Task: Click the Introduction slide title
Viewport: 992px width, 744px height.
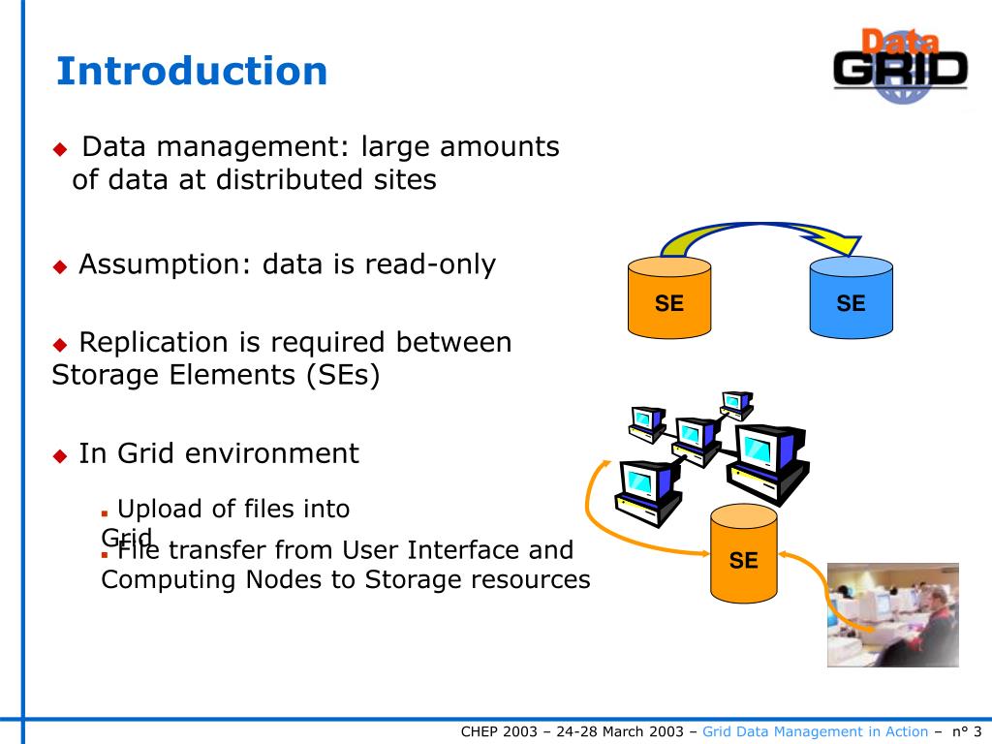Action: pyautogui.click(x=192, y=71)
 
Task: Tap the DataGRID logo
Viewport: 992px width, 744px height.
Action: pyautogui.click(x=900, y=67)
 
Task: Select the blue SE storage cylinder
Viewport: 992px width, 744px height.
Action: pyautogui.click(x=851, y=297)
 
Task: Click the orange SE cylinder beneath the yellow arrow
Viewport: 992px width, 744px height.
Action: pyautogui.click(x=668, y=297)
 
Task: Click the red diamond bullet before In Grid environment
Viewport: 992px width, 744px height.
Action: pyautogui.click(x=61, y=455)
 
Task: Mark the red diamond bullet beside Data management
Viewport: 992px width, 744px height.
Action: pyautogui.click(x=61, y=149)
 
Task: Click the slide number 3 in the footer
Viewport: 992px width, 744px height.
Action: pyautogui.click(x=977, y=731)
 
